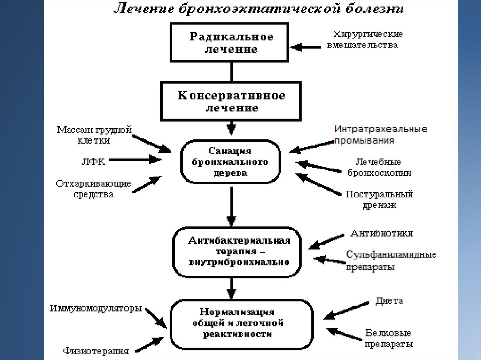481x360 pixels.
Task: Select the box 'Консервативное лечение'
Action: [231, 101]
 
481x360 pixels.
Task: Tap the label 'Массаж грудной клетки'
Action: [94, 135]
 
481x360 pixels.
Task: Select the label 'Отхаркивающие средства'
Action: [93, 188]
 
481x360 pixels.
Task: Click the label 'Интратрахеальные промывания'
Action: [380, 134]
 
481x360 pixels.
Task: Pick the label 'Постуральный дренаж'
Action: [379, 199]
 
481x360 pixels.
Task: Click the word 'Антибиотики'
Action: [381, 233]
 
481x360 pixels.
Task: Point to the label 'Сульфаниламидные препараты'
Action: [391, 260]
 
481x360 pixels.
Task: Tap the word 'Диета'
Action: [389, 301]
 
